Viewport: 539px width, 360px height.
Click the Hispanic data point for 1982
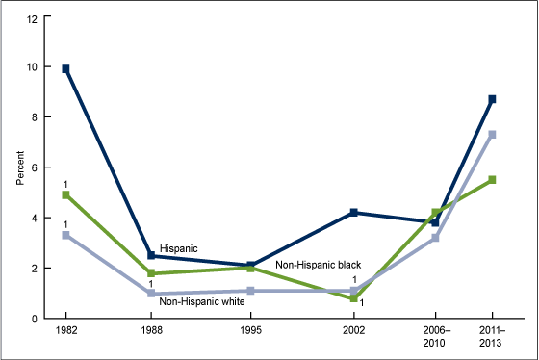tap(65, 68)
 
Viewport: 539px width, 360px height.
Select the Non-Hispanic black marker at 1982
tap(65, 194)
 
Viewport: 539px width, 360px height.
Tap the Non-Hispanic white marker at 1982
tap(65, 235)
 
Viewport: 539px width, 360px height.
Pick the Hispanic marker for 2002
tap(353, 212)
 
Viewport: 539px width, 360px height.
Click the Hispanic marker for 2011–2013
tap(492, 99)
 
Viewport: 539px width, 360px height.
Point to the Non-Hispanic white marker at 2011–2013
tap(492, 134)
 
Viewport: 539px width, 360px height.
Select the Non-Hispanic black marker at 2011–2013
tap(492, 180)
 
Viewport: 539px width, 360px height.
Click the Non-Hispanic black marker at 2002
tap(353, 298)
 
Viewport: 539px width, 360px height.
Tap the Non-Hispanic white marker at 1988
tap(151, 294)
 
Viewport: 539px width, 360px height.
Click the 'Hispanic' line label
tap(178, 248)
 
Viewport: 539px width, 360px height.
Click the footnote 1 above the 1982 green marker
tap(65, 183)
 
